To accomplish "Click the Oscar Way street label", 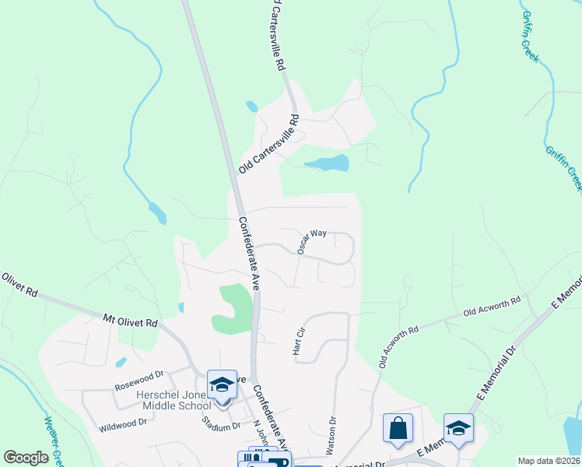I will coord(311,241).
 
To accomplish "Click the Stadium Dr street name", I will coord(220,425).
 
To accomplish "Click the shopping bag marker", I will coord(398,428).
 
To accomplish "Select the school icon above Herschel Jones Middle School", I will coord(223,384).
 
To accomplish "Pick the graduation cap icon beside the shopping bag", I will coord(458,428).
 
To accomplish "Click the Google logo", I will coord(26,458).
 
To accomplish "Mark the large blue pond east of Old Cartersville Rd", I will coord(328,163).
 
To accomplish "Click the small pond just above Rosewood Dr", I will coord(121,362).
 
